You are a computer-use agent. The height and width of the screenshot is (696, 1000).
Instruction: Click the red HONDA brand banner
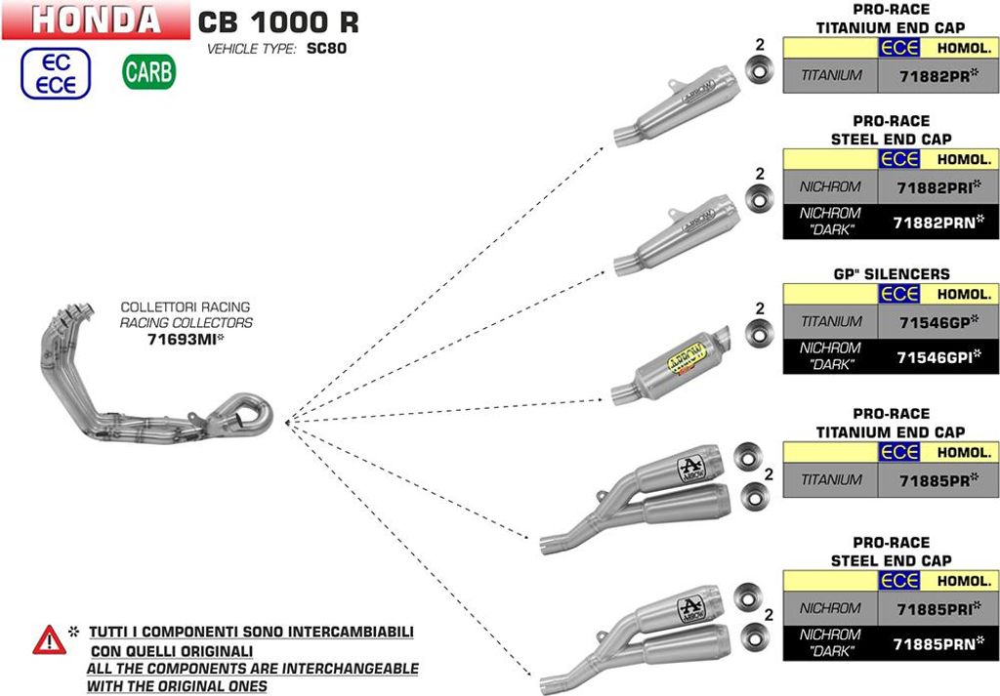96,20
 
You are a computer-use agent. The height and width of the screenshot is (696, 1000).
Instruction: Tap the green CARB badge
148,71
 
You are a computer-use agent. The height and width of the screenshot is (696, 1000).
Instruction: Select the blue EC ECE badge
56,72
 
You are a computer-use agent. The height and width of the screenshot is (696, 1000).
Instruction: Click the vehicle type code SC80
327,48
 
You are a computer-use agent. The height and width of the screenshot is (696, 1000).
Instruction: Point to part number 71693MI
186,340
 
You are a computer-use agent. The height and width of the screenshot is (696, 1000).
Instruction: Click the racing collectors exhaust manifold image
156,381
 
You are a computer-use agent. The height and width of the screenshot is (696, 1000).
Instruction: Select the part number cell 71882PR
937,75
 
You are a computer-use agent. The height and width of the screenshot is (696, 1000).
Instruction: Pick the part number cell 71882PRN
937,223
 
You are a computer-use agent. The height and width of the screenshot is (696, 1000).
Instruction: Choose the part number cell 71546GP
937,320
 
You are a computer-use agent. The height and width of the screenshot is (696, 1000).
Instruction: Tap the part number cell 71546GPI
937,357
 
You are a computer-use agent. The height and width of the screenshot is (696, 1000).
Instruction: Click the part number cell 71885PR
937,479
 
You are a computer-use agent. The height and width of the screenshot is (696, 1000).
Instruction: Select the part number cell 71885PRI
937,608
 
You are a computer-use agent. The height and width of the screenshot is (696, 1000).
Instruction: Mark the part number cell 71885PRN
937,644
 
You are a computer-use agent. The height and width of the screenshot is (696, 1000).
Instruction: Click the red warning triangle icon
48,641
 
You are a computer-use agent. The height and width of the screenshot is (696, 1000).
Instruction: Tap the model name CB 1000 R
278,21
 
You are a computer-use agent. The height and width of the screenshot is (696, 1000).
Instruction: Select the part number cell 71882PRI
937,185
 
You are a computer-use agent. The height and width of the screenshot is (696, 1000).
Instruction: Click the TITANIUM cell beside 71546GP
831,320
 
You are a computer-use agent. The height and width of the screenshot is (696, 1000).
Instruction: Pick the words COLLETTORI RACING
186,307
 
